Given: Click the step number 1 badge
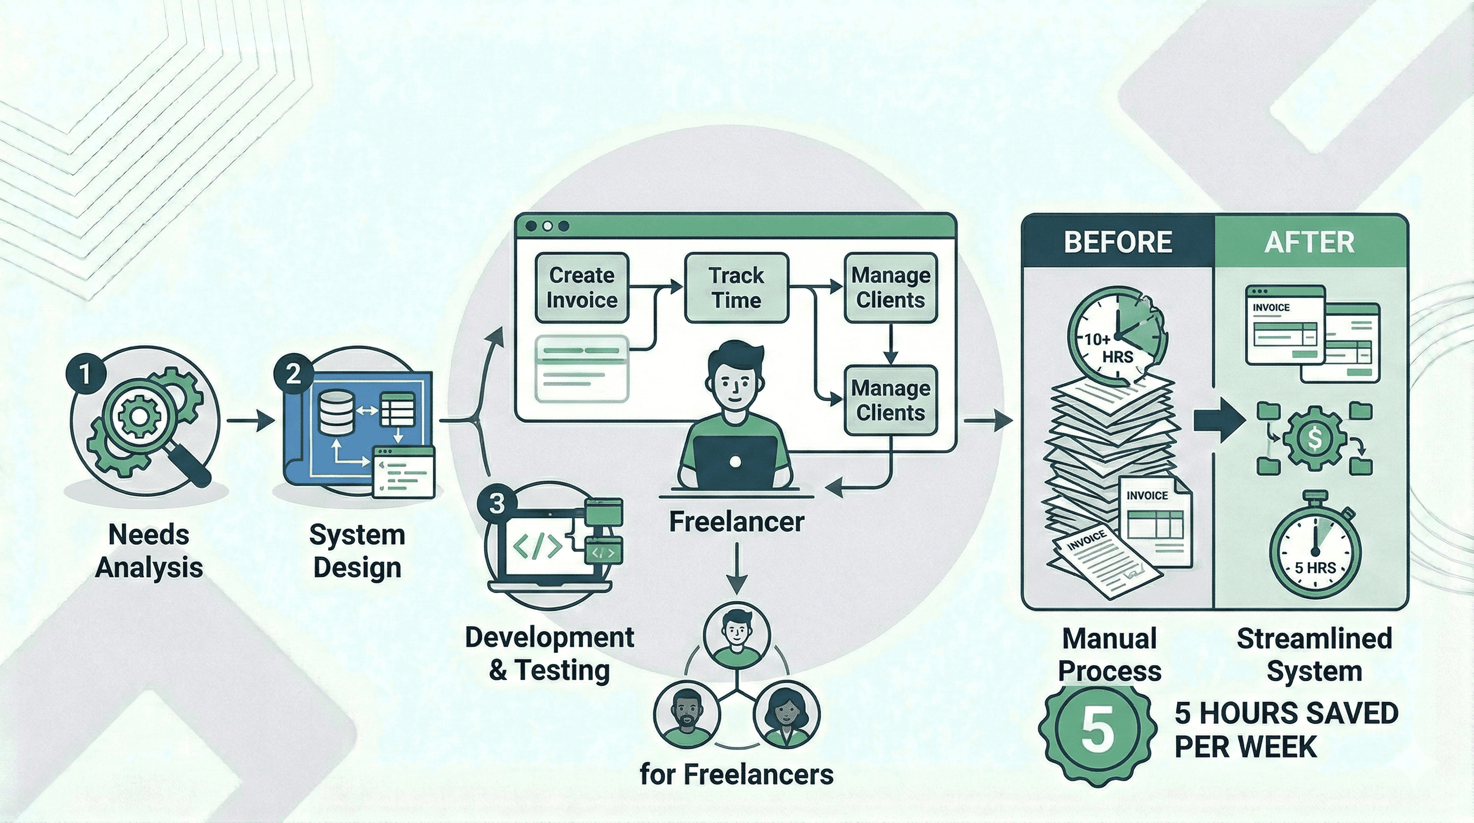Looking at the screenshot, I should coord(85,374).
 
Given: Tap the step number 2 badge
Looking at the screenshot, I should coord(293,374).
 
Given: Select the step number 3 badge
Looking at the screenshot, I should coord(497,503).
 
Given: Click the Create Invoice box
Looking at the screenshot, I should coord(581,288).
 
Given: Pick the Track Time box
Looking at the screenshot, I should coord(736,288).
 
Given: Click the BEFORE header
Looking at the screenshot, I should coord(1117,242).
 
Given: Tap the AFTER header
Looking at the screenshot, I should coord(1309,242).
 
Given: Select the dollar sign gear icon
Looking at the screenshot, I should coord(1314,438).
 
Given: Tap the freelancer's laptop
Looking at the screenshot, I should coord(735,461).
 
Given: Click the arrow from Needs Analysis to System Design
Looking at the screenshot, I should coord(250,421).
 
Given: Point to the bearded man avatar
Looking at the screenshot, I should coord(687,715).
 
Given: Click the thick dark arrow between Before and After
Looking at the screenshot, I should coord(1219,421).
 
